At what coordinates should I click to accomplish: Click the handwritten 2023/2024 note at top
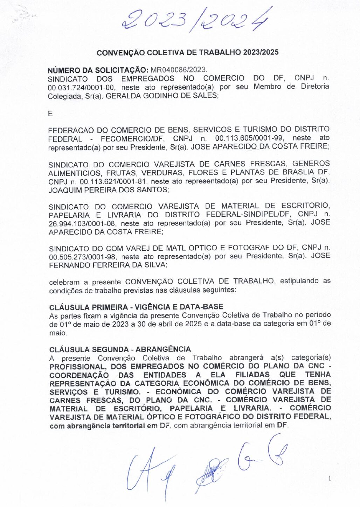[196, 19]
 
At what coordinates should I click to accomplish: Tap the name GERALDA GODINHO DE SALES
[161, 96]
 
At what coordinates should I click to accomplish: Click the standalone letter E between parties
[50, 114]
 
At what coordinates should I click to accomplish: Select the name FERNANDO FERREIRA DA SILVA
[107, 265]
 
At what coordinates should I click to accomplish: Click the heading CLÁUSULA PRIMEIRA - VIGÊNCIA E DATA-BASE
[136, 307]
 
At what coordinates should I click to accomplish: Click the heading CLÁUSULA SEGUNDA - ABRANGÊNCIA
[120, 349]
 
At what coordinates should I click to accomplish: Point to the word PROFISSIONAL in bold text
[77, 367]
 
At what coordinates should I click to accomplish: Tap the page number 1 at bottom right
[329, 478]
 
